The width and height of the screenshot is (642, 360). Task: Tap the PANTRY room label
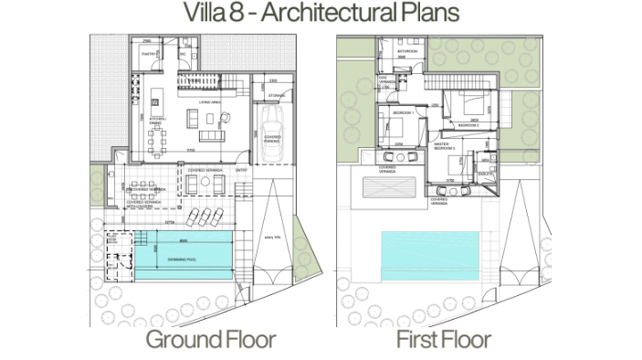(149, 55)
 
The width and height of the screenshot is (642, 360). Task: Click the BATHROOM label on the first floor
(407, 52)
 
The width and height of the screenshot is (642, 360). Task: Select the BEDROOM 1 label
(403, 112)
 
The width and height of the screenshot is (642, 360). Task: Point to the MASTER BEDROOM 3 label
(447, 147)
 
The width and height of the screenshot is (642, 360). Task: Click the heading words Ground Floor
(211, 341)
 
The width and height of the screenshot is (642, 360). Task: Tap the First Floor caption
(444, 341)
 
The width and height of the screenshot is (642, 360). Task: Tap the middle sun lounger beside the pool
(205, 217)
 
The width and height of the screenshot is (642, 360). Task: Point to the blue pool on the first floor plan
(429, 255)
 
